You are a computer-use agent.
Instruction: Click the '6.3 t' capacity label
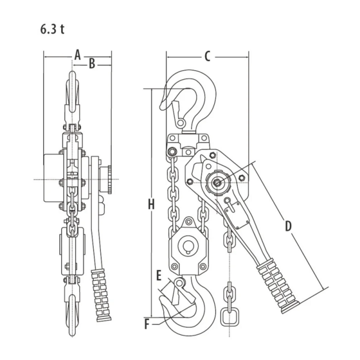click(52, 30)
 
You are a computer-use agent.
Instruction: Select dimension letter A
click(78, 54)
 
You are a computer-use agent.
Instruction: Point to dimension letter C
click(207, 56)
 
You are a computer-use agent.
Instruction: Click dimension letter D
click(288, 226)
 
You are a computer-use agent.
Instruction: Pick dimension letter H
click(151, 205)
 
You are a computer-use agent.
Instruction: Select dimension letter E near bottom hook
click(159, 276)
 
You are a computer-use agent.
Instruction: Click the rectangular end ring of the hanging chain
click(229, 317)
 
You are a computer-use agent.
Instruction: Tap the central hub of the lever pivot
click(217, 182)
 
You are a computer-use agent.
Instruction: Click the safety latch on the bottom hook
click(176, 292)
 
